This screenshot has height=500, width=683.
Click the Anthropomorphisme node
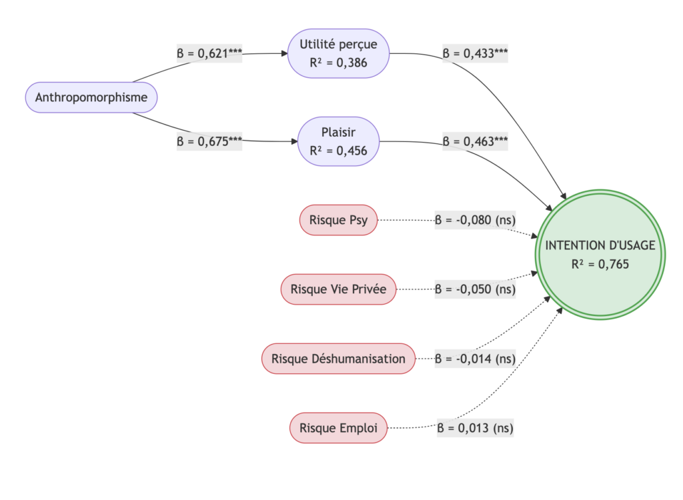(91, 98)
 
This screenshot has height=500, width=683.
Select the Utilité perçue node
(338, 53)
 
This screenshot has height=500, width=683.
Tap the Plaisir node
(338, 141)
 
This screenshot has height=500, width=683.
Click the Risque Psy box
(338, 221)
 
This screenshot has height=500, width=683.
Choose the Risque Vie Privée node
(338, 289)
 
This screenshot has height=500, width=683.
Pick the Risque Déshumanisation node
(338, 359)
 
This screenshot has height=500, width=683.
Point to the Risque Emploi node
(338, 428)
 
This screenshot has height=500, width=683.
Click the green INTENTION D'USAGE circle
(600, 255)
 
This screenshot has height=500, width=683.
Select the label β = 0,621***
(209, 53)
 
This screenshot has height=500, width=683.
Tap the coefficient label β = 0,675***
(209, 141)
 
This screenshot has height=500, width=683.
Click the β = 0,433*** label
(475, 53)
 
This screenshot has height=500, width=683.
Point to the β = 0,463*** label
(475, 141)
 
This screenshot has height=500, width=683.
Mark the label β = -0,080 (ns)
(475, 221)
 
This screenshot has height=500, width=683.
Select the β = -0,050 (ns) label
(475, 289)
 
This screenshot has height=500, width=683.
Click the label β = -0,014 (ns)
(475, 359)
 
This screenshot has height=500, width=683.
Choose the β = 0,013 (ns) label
(475, 428)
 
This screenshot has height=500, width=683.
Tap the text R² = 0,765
(600, 264)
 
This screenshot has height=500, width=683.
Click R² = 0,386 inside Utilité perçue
(338, 63)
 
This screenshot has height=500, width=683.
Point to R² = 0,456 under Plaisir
(338, 151)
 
